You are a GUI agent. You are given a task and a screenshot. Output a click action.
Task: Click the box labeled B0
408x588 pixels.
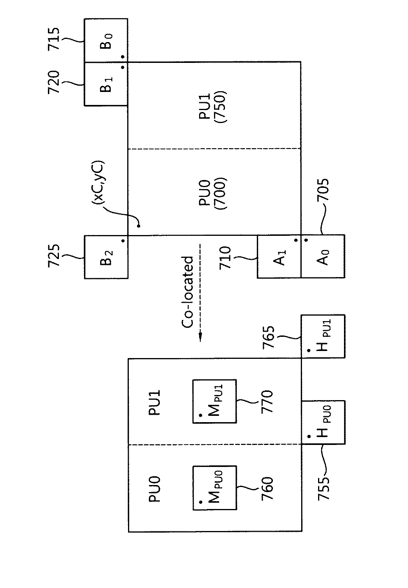tap(106, 40)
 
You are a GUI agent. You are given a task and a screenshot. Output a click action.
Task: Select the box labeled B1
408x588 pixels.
tap(106, 84)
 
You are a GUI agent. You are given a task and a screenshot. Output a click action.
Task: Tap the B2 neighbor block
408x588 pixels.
tap(106, 257)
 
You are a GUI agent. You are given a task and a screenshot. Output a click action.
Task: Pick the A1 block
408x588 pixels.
tap(279, 256)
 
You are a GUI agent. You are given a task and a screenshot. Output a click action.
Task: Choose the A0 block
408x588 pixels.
tap(323, 256)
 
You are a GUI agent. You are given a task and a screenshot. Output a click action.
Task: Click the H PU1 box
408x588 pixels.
tap(323, 336)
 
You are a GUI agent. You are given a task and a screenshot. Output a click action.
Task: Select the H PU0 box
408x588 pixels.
tap(323, 422)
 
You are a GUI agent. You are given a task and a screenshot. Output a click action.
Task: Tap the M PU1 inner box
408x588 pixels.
tap(214, 401)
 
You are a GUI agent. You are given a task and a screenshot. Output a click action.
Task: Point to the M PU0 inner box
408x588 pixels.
tap(214, 488)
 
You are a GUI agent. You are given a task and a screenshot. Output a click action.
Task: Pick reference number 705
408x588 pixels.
tap(323, 190)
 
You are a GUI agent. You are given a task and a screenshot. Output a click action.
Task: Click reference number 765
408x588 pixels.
tap(269, 337)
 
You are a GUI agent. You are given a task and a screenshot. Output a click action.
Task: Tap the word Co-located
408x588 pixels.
tap(187, 292)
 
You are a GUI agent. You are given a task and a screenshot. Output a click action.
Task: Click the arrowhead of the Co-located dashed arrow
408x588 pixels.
tap(200, 337)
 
